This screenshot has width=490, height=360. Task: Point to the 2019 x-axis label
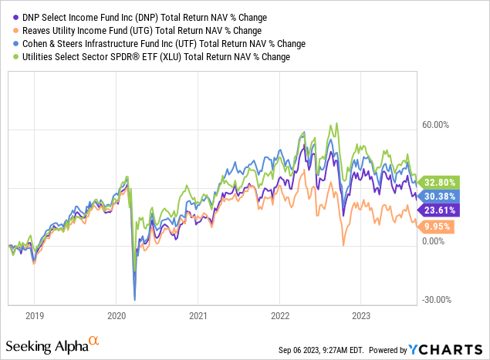34,315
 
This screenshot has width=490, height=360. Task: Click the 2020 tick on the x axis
116,315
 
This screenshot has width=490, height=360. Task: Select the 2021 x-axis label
198,315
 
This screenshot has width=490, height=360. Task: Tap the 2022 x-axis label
279,315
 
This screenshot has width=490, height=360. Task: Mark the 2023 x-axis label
361,315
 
